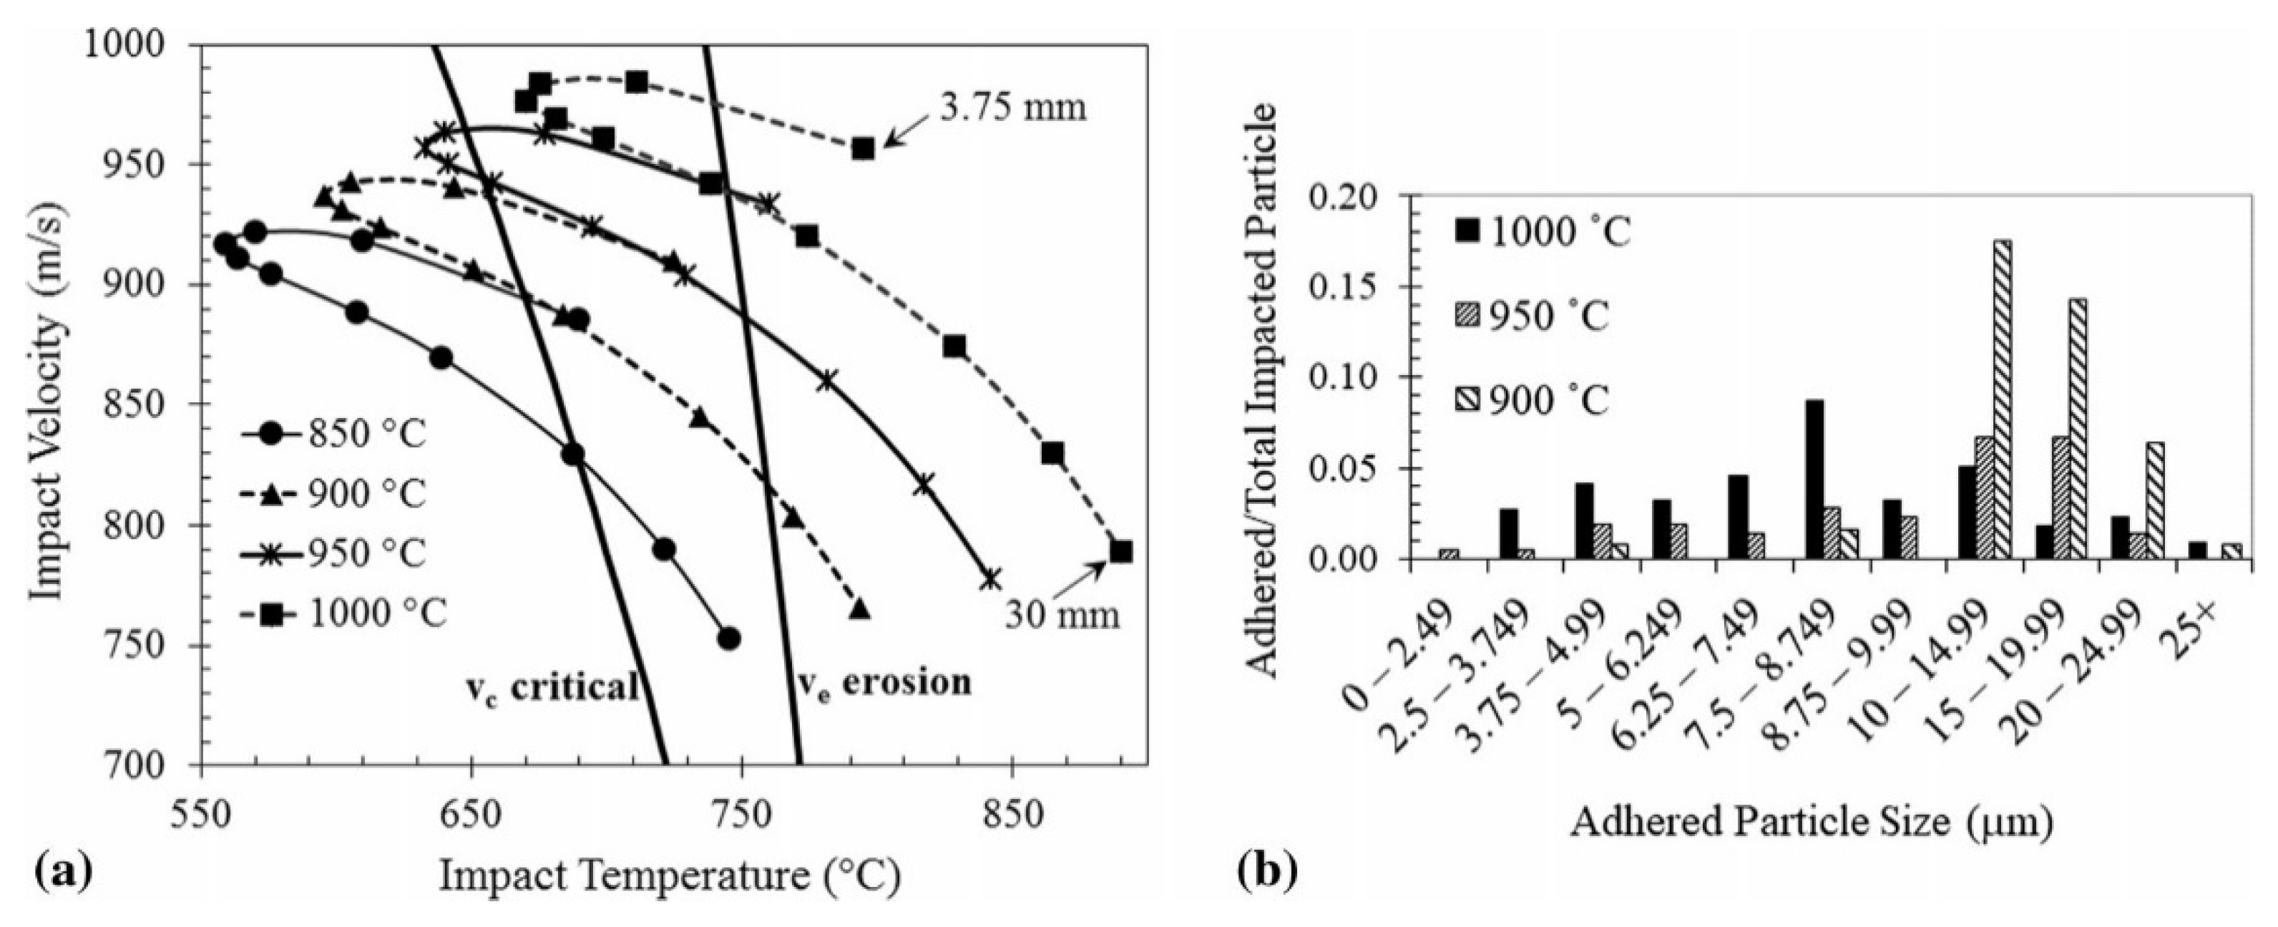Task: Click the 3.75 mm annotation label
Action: click(x=1007, y=107)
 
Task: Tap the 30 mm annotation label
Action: click(x=1060, y=615)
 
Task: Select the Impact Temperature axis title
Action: click(x=670, y=877)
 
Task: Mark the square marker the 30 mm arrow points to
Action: click(x=1121, y=552)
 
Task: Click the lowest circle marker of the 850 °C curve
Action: click(x=728, y=639)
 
